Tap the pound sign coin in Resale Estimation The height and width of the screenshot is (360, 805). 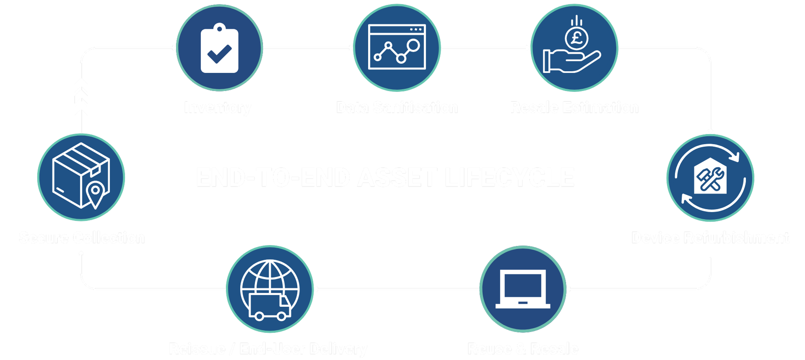(x=576, y=39)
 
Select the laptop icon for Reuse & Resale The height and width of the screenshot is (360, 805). (x=523, y=289)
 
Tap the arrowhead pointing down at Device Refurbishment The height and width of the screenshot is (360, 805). (x=710, y=131)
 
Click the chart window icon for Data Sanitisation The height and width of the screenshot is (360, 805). (x=397, y=47)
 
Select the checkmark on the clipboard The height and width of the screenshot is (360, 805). (x=219, y=54)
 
